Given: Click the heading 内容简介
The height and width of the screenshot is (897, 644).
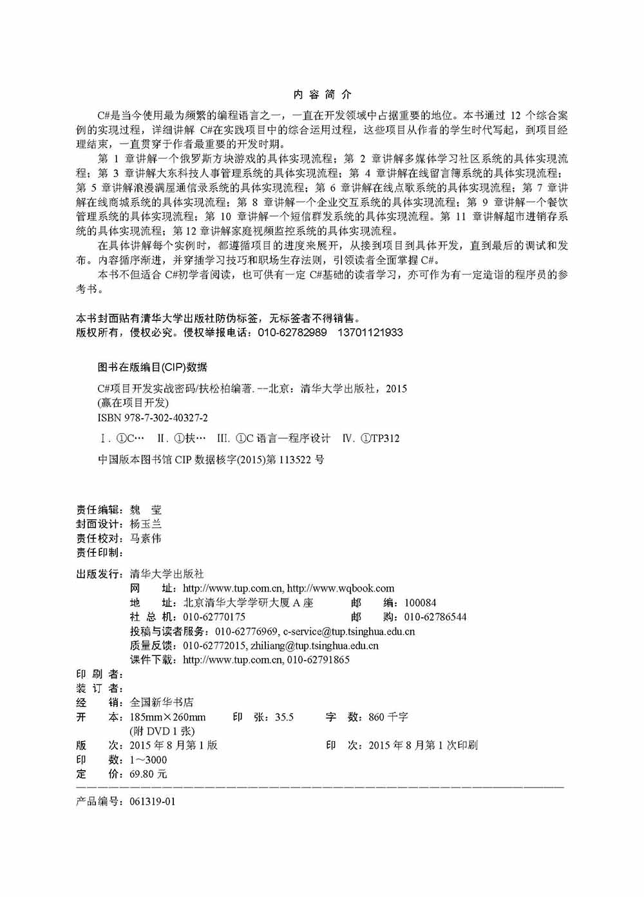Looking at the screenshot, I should (322, 95).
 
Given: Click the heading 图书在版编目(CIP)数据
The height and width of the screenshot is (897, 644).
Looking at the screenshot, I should (152, 367).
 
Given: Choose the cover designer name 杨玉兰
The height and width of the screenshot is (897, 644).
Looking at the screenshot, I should (146, 524).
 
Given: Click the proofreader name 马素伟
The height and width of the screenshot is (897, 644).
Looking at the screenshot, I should (146, 538).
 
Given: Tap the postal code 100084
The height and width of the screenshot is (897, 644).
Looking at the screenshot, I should (420, 603).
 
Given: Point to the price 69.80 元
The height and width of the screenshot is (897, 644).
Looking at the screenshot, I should (148, 774).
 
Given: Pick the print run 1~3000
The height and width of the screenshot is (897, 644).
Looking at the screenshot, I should (148, 760).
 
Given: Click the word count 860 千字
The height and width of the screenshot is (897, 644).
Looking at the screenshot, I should (388, 717).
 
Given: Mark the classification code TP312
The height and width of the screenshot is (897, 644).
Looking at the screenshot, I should (385, 439).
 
